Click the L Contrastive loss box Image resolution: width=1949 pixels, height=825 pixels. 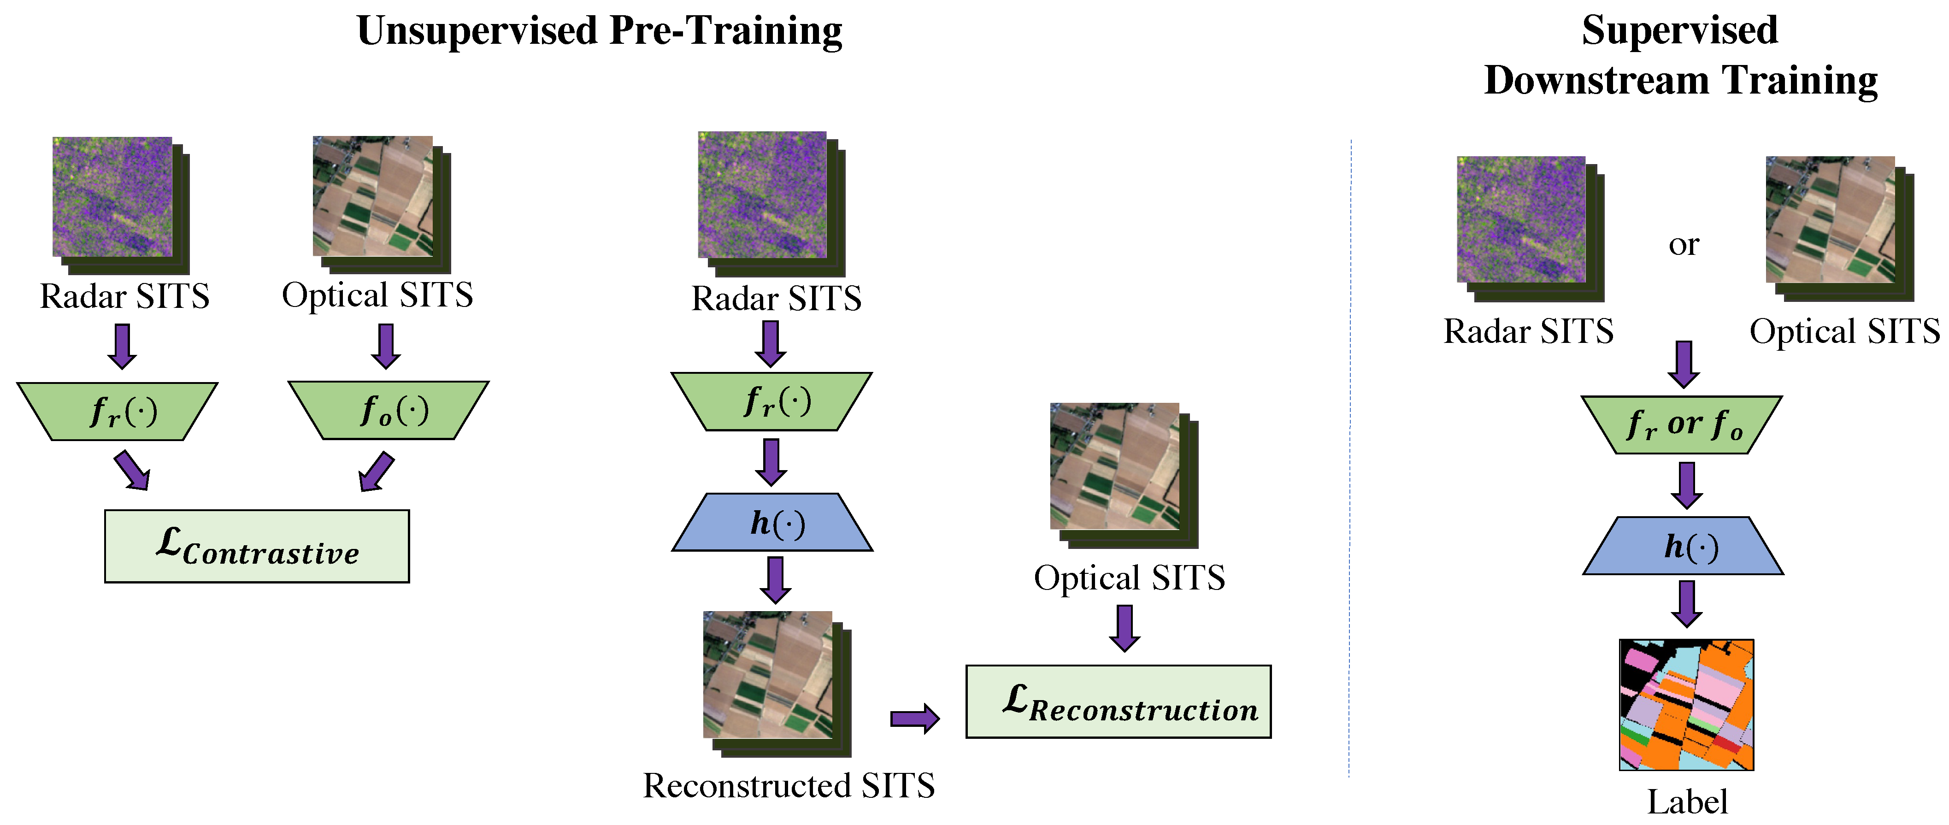tap(257, 546)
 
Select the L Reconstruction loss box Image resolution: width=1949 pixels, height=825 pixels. tap(1118, 701)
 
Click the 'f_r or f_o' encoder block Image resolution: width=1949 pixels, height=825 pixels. tap(1682, 424)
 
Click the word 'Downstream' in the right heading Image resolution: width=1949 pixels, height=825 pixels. tap(1596, 80)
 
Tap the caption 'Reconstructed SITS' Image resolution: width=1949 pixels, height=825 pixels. tap(789, 786)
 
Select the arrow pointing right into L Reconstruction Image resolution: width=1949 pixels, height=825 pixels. tap(915, 718)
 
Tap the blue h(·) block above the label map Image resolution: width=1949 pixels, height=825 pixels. tap(1684, 546)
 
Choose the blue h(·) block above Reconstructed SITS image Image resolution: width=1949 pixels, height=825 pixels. tap(772, 522)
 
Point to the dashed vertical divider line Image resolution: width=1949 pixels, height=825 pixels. tap(1350, 454)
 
